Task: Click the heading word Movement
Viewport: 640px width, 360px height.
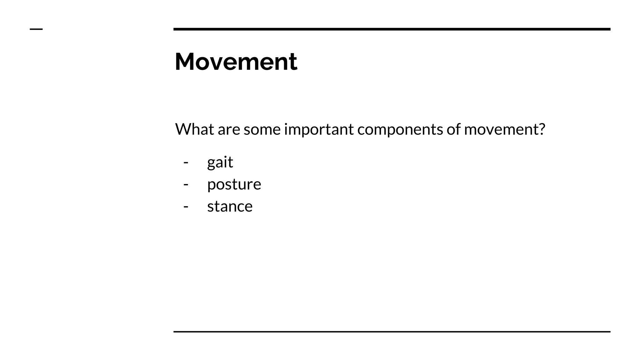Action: click(x=236, y=62)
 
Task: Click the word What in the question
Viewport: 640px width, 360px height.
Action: click(x=194, y=129)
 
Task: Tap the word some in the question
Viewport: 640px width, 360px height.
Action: click(x=262, y=130)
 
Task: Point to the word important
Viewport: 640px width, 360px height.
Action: click(x=319, y=130)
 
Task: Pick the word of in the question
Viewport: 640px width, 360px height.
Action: click(x=453, y=129)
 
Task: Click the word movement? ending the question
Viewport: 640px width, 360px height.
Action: click(x=504, y=130)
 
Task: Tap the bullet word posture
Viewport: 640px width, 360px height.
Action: click(x=234, y=184)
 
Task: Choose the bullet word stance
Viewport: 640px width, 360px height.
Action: click(x=230, y=207)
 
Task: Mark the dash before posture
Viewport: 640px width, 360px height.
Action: click(x=186, y=184)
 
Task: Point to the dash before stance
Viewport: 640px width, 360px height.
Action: click(x=186, y=207)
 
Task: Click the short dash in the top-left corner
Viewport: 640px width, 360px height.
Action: click(x=36, y=29)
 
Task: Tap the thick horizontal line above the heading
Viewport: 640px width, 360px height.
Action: click(x=392, y=29)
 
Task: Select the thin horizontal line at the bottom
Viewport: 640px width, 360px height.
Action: click(x=392, y=332)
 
